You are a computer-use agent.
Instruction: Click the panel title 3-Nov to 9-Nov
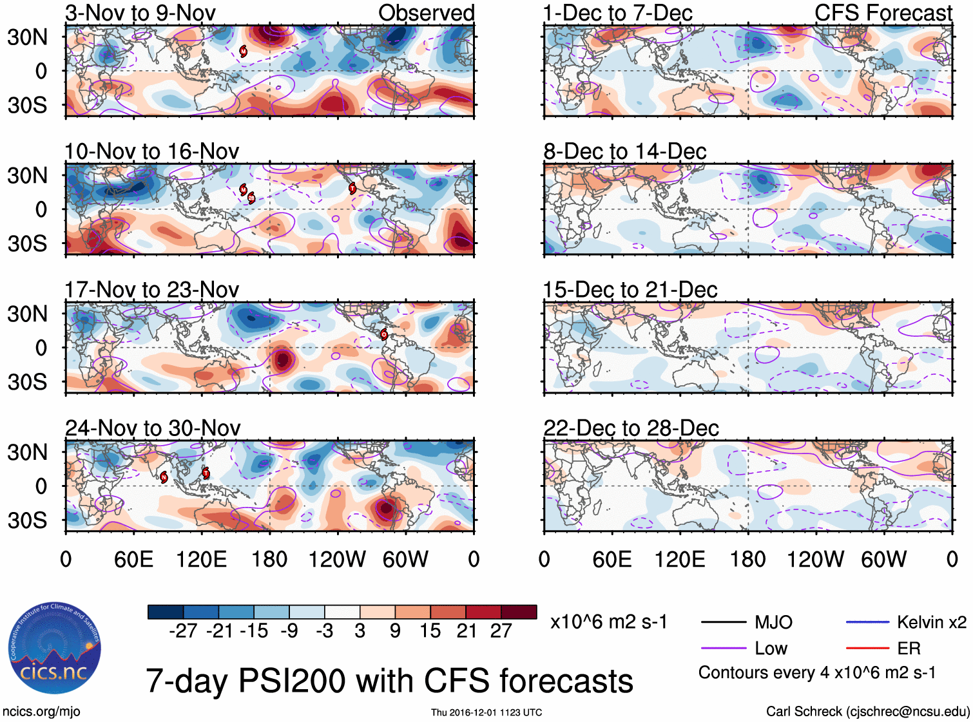[140, 13]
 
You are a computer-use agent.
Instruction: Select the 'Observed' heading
[426, 13]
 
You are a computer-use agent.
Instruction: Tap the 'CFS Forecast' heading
[883, 13]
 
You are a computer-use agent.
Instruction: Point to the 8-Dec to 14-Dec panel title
[624, 151]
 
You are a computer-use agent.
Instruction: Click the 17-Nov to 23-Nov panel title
[151, 290]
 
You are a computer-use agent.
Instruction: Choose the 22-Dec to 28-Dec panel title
[631, 428]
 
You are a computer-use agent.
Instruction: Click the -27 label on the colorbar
[183, 631]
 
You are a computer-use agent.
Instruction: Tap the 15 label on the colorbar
[430, 631]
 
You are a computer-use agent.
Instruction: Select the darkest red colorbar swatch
[519, 612]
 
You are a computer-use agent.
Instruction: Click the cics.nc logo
[54, 649]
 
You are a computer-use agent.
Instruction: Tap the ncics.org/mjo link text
[41, 711]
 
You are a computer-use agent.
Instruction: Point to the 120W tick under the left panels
[337, 559]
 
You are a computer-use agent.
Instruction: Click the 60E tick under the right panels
[612, 559]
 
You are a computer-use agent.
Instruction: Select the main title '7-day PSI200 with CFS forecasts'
[389, 681]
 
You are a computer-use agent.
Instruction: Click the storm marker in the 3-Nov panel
[244, 51]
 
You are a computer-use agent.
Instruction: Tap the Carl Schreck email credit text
[867, 711]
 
